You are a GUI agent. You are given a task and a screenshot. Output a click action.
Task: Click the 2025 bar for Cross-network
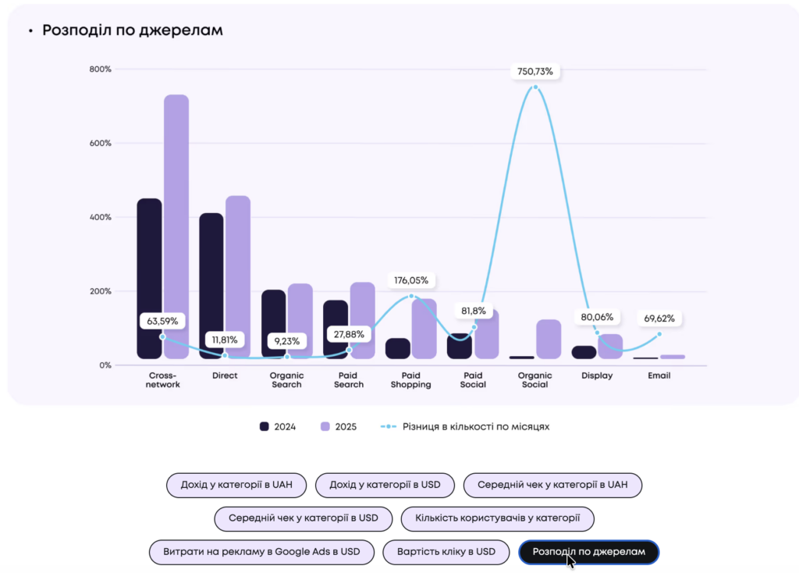point(176,226)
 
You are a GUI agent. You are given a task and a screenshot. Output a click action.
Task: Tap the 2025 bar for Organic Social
point(549,339)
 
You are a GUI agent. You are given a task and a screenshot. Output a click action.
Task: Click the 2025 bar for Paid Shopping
point(424,329)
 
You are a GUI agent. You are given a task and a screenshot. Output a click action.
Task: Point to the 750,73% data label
point(535,71)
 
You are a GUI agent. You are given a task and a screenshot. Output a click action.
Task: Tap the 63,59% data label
point(162,320)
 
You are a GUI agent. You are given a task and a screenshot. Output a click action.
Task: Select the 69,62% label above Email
point(659,319)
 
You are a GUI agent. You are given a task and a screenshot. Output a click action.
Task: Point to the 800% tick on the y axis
point(100,69)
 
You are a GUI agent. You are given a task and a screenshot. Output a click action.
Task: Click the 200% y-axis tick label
point(100,291)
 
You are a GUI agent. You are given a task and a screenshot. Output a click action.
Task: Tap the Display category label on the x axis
point(597,375)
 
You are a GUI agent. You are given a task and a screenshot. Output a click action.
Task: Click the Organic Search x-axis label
point(286,380)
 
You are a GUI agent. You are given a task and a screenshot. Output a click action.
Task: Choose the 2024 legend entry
point(279,427)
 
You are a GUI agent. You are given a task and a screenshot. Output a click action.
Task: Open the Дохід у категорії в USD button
point(385,485)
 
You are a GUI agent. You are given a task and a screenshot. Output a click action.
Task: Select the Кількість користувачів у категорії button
point(497,518)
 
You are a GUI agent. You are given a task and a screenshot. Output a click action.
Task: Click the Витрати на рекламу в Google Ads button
point(261,552)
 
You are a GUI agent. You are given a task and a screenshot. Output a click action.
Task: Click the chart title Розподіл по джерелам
point(133,30)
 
